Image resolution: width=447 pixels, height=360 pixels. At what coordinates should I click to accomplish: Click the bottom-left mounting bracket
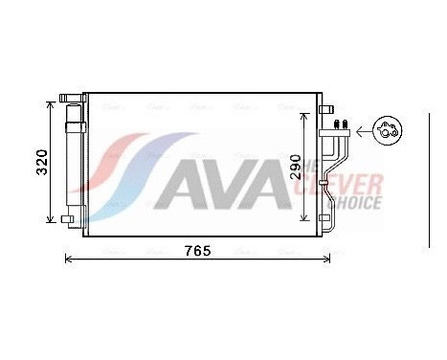(x=67, y=220)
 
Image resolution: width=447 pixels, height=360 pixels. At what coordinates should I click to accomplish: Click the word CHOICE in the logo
(x=355, y=203)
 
